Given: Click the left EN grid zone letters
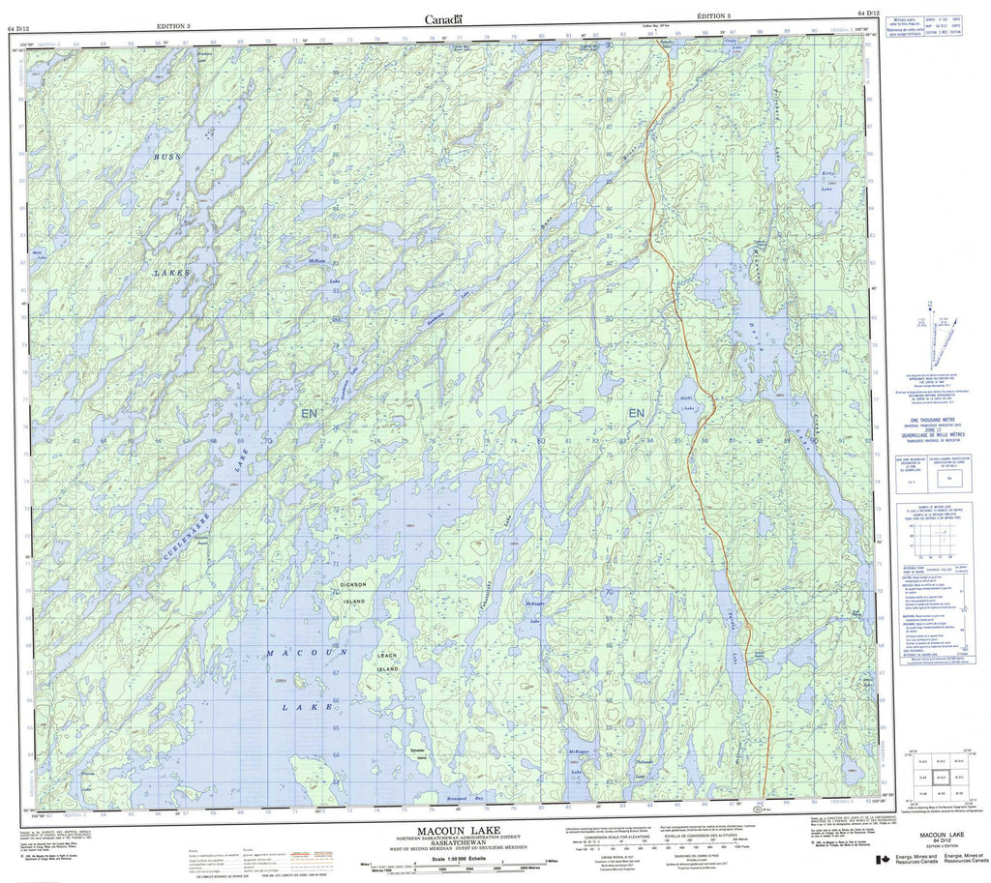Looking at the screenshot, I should pos(309,414).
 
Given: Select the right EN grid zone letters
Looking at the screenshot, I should pos(636,414).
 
